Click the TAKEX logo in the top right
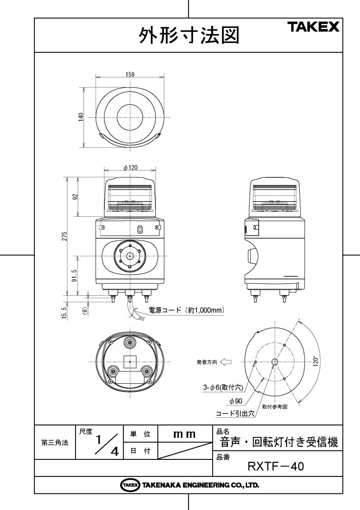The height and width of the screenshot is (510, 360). (x=314, y=28)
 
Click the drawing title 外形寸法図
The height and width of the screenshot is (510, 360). (x=189, y=35)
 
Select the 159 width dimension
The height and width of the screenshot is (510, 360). (x=130, y=74)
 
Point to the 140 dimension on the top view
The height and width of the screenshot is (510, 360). (x=81, y=117)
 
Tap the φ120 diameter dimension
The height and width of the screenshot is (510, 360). (x=130, y=168)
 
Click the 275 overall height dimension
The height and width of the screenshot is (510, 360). (x=65, y=236)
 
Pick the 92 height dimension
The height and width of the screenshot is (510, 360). (x=75, y=197)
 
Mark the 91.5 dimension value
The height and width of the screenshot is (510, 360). (x=74, y=275)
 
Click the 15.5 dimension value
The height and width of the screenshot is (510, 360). (x=65, y=314)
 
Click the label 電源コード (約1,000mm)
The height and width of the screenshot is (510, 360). (x=186, y=310)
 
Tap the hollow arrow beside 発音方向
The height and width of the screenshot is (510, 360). (x=225, y=362)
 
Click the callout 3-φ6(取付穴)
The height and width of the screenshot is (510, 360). (x=223, y=388)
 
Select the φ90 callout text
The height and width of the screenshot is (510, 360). (x=236, y=401)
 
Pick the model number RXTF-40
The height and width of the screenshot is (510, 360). (x=276, y=467)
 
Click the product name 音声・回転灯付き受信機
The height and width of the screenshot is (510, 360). (x=279, y=442)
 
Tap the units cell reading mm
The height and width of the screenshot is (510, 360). (x=184, y=434)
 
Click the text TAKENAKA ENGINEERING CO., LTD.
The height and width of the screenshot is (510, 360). (x=200, y=485)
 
